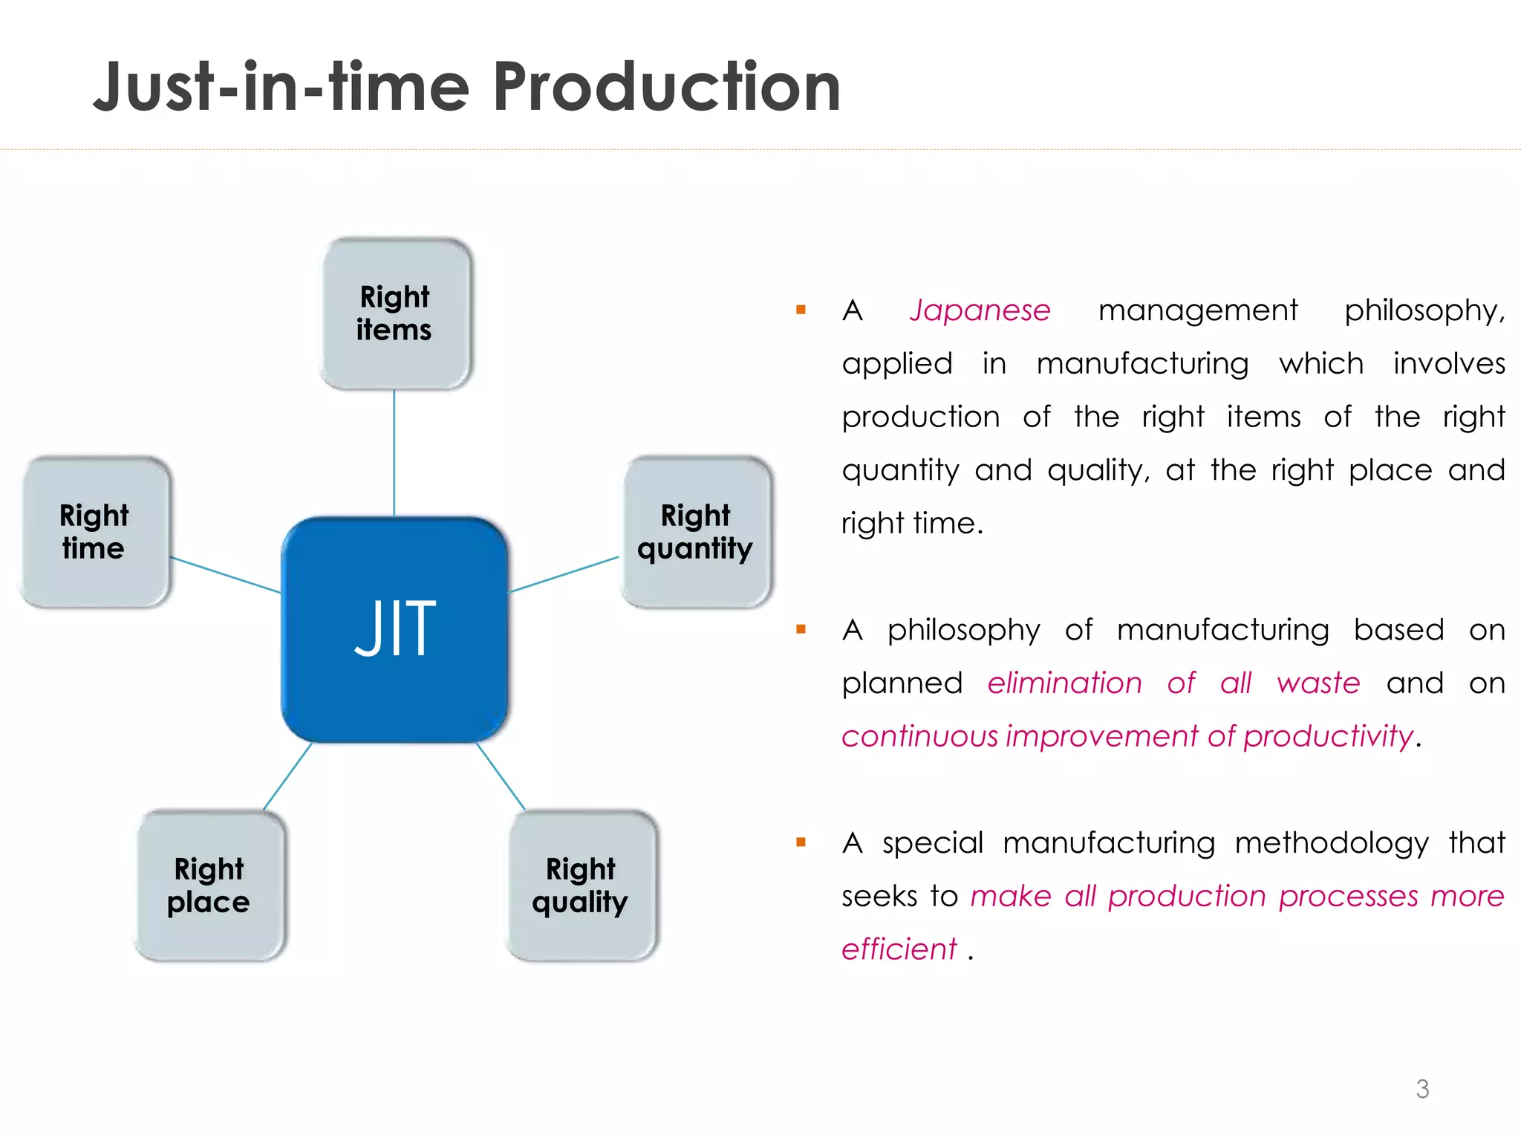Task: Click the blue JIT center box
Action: point(394,629)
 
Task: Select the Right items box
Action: point(395,313)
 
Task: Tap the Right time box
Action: point(94,532)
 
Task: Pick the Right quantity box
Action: point(696,532)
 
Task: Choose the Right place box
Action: point(209,885)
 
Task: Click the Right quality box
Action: point(582,885)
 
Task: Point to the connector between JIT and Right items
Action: point(394,453)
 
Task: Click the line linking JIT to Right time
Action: point(226,575)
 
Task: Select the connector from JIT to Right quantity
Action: point(564,574)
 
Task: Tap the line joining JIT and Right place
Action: point(287,776)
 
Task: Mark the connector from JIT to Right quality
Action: point(501,776)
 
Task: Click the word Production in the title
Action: point(666,88)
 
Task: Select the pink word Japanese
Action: point(980,311)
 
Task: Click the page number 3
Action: point(1422,1089)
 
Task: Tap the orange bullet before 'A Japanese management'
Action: point(801,310)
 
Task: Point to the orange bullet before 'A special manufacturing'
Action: point(801,842)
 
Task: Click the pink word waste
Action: point(1318,683)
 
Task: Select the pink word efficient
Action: point(899,949)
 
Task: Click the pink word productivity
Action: point(1328,737)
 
